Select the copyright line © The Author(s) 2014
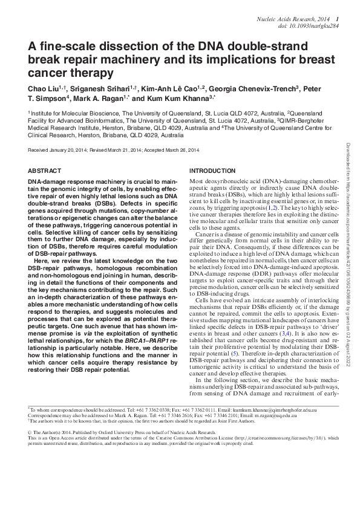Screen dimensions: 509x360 coord(58,433)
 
